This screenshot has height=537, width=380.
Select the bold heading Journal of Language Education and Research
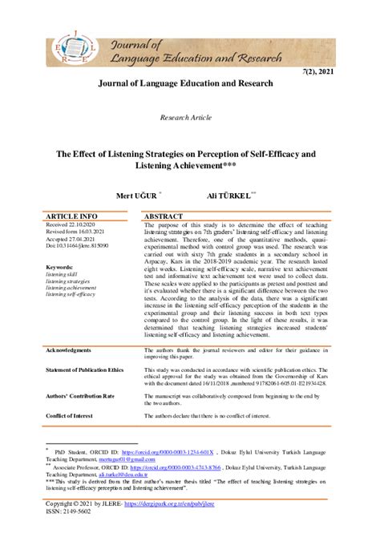point(189,83)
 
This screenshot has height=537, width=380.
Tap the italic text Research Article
point(189,117)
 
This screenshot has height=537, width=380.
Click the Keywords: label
point(60,267)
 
